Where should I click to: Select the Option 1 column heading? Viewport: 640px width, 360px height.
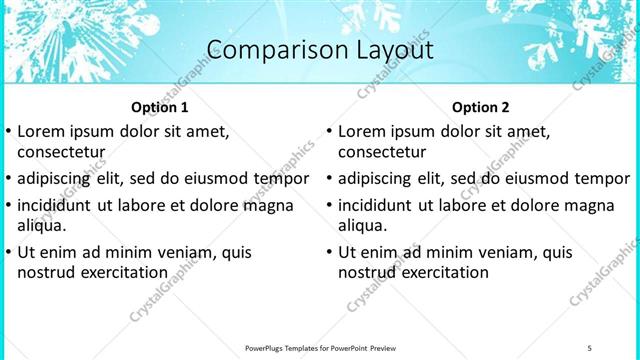coord(160,107)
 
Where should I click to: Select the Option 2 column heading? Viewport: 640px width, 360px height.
coord(480,107)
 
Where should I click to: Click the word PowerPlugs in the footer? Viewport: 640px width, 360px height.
coord(267,347)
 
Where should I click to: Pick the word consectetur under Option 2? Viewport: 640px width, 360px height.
coord(382,152)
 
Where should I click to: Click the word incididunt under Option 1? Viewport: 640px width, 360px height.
coord(58,205)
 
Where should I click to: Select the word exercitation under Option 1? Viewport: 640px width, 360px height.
coord(123,272)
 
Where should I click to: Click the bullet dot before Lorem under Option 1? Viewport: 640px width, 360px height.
coord(9,132)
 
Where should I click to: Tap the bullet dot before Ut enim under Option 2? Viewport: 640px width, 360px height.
coord(329,253)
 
